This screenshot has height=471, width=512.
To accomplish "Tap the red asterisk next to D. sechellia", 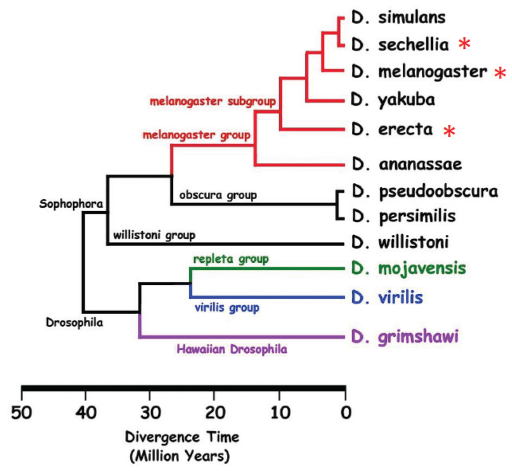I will (x=464, y=44).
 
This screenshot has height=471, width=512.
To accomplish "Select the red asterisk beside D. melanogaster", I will (x=499, y=73).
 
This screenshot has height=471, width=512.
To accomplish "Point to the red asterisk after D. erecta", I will (x=450, y=131).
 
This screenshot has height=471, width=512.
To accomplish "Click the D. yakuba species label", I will (x=393, y=100).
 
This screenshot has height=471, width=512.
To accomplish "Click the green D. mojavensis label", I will (x=408, y=268).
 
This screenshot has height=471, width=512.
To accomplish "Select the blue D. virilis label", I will (x=387, y=298).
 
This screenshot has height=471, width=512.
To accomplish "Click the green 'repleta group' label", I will (x=231, y=259).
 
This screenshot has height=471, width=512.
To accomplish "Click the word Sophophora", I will (x=70, y=204).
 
